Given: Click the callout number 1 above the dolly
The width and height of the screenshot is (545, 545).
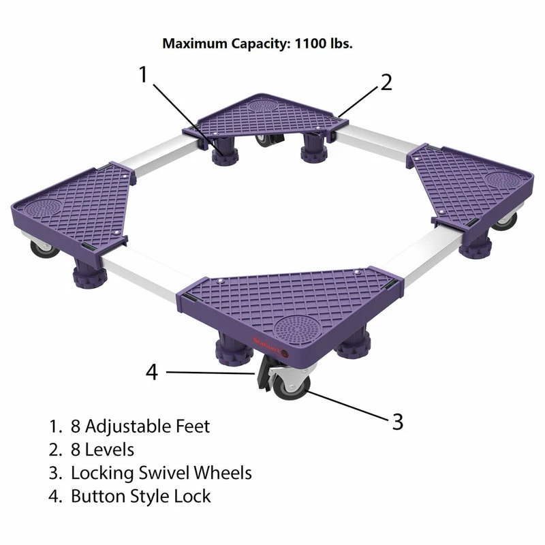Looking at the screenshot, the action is tap(143, 74).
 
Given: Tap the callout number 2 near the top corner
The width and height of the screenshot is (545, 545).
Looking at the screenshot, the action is tap(386, 82).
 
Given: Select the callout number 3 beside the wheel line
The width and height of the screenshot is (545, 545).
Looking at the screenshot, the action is tap(398, 422).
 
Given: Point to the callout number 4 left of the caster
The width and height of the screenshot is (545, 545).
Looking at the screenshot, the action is tap(152, 372).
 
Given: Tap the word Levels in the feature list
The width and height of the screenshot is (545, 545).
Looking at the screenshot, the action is tap(110, 450).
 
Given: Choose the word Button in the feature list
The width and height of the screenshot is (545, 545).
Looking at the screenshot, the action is tap(98, 496).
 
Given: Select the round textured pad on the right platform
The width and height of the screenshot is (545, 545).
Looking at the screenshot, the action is tap(503, 180).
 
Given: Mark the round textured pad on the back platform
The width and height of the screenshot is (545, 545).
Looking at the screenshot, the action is tap(266, 104).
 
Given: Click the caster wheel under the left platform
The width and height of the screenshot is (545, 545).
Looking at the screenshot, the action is tap(44, 248).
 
